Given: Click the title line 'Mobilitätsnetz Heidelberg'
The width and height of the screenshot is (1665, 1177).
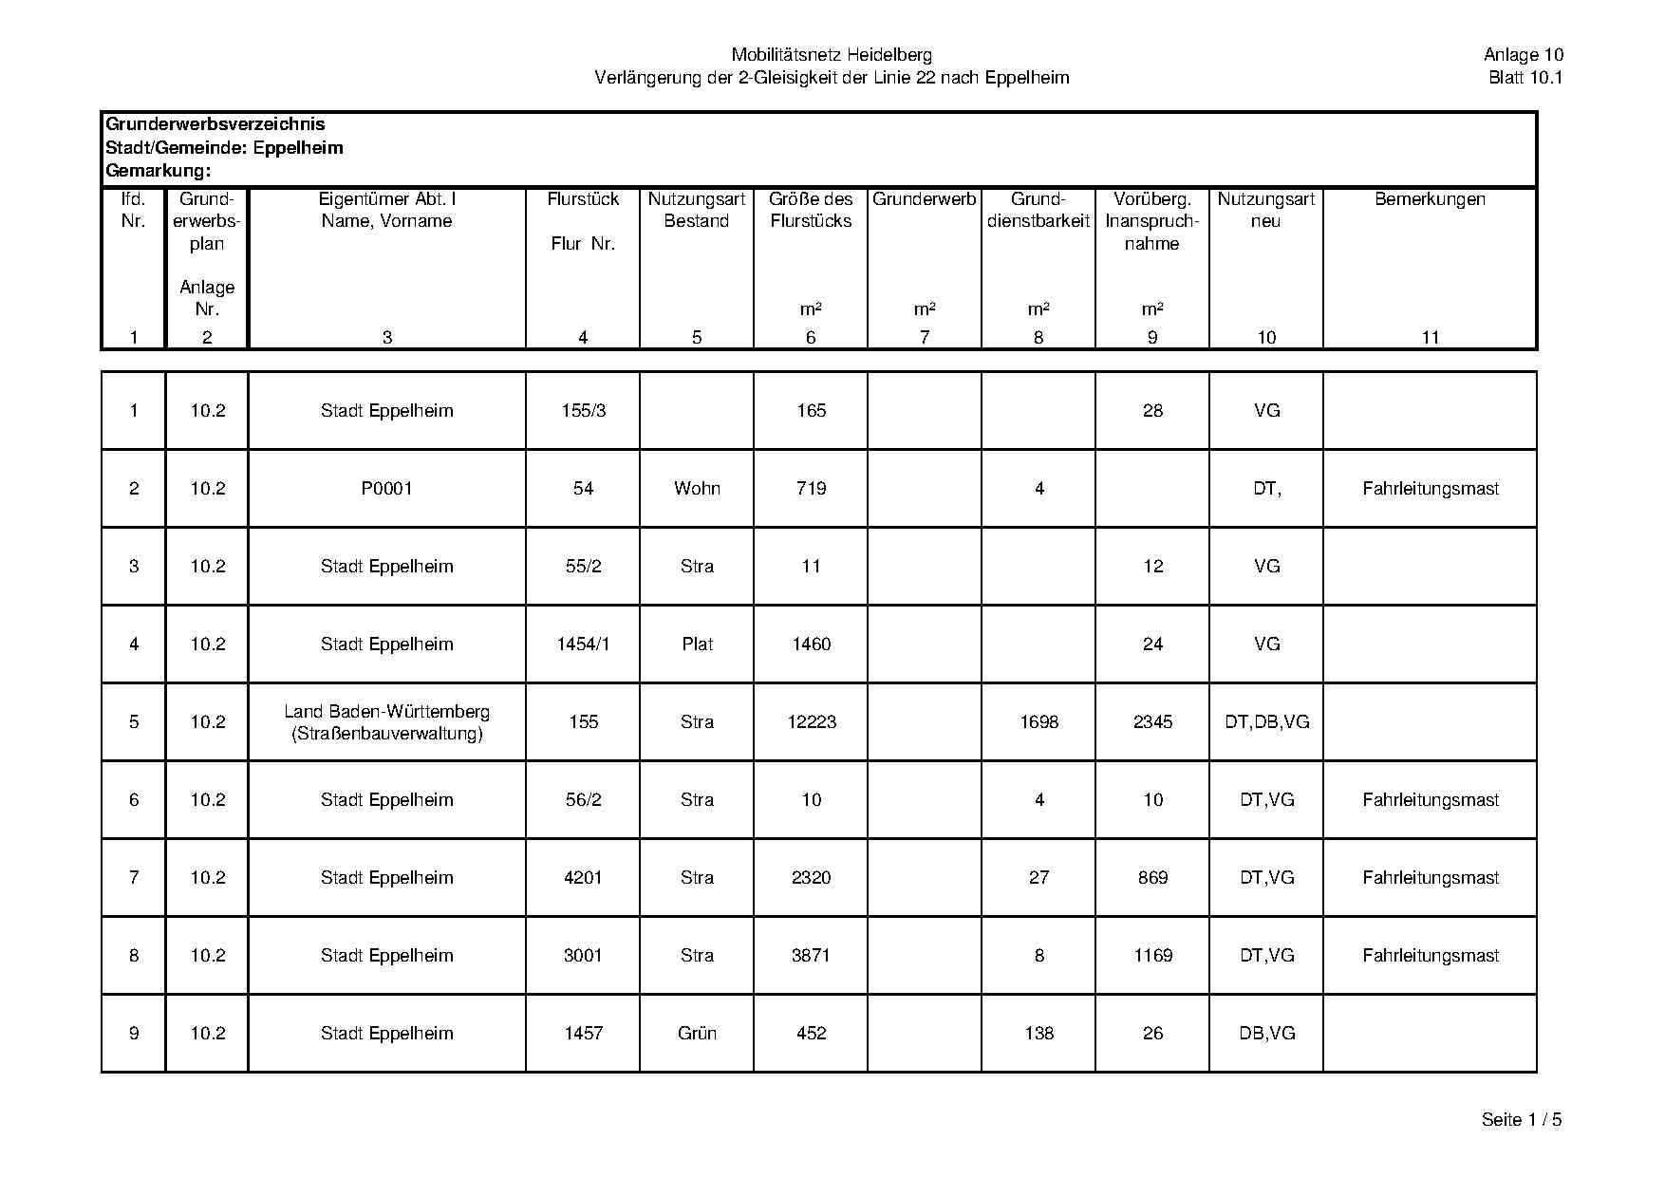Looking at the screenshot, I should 832,55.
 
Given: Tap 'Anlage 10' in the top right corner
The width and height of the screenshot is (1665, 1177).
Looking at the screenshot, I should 1523,55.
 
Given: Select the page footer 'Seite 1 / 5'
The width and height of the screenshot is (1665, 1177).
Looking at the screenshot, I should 1521,1120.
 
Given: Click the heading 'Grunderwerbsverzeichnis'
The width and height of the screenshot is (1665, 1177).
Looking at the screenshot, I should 215,124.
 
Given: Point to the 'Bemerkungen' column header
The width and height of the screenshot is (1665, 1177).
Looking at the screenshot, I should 1430,199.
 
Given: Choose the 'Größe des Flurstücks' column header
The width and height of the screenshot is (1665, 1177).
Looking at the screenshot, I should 811,210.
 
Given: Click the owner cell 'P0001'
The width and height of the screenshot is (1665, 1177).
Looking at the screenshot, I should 386,489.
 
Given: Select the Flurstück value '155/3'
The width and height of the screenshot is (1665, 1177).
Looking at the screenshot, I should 583,411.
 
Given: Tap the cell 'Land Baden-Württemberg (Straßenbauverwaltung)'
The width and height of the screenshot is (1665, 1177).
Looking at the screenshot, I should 386,722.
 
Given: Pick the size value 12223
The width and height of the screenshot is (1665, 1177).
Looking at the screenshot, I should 812,722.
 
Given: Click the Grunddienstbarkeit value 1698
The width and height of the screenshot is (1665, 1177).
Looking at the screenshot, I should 1038,722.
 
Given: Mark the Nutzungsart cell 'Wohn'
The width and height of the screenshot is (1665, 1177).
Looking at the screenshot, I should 697,489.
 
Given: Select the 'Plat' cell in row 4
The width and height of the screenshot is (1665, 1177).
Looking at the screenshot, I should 697,645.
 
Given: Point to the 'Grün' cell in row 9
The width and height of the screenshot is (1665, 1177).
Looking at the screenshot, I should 697,1034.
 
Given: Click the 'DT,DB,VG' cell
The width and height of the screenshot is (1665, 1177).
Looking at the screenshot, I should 1266,722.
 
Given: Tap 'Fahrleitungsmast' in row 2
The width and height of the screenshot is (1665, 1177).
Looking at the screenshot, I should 1430,489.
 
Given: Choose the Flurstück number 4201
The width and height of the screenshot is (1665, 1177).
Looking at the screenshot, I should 583,878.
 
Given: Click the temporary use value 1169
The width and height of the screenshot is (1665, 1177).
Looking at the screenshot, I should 1152,956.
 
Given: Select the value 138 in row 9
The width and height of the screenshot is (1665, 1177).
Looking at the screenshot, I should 1038,1034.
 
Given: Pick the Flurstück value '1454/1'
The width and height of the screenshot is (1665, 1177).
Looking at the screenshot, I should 583,645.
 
